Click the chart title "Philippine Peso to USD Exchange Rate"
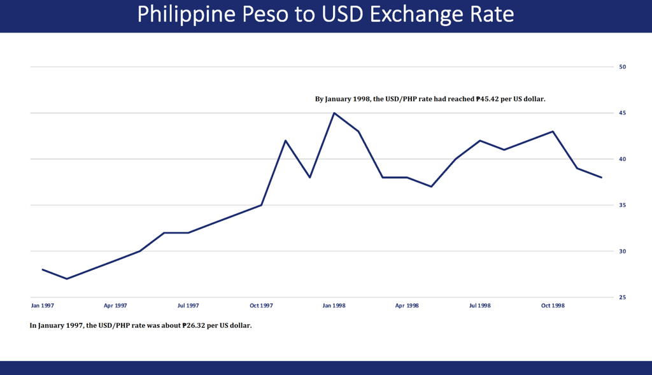[x=325, y=15]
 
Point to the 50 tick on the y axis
[x=623, y=67]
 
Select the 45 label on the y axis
[x=623, y=113]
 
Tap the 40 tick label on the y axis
[x=623, y=159]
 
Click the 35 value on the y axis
[x=623, y=205]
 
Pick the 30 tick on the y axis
[x=623, y=251]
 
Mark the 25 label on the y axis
[x=623, y=297]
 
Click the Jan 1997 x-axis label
[x=43, y=306]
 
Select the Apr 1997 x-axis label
[x=115, y=306]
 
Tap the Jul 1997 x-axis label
[x=188, y=306]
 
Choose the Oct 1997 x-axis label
[x=261, y=306]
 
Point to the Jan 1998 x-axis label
[x=334, y=306]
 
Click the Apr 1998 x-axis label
[x=407, y=306]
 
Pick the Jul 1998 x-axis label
[x=480, y=306]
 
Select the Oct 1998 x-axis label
[x=553, y=306]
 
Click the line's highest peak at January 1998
[x=334, y=113]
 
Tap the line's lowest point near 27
[x=67, y=279]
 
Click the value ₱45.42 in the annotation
[x=488, y=99]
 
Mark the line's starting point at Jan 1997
[x=43, y=269]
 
